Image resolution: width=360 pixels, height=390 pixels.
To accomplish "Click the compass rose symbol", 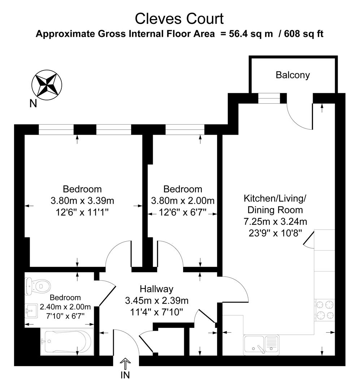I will click(x=47, y=85).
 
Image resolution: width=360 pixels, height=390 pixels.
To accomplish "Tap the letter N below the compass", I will click(x=33, y=104).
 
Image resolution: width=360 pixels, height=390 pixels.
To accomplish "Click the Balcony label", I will click(x=292, y=75).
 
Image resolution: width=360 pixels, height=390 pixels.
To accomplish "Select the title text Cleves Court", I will click(x=179, y=18).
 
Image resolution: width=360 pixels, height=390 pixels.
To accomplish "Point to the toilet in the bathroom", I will click(x=37, y=286).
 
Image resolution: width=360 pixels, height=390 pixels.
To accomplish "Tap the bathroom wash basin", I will click(x=32, y=311).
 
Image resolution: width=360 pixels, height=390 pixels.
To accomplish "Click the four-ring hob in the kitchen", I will click(x=325, y=310).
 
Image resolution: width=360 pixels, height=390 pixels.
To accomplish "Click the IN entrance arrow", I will click(x=125, y=363).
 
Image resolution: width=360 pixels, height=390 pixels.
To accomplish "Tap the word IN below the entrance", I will click(x=125, y=376).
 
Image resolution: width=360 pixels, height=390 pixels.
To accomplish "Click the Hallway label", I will click(x=156, y=289).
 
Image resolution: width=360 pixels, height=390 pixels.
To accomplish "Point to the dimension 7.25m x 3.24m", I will click(x=275, y=221).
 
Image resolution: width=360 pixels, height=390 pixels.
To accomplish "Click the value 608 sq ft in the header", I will click(x=304, y=34).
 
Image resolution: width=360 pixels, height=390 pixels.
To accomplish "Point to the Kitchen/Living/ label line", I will click(x=275, y=198).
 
